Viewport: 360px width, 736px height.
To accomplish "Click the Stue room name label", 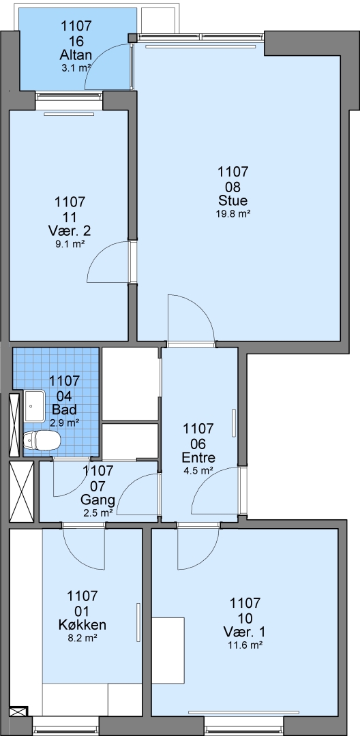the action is [x=232, y=201].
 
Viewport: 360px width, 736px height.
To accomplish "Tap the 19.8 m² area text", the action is [x=232, y=213].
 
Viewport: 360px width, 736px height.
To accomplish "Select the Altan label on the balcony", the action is [x=76, y=56].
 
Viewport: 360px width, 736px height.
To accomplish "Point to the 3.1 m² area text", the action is [x=76, y=68].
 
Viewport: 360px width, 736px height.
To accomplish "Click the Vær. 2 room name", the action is [x=70, y=231].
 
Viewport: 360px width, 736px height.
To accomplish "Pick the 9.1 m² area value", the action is [x=70, y=243].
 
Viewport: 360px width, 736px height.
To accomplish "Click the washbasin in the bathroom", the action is [x=34, y=405].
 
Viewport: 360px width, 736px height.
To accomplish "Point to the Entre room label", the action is [x=199, y=458].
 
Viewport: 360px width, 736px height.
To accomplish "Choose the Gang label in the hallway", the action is [x=97, y=499].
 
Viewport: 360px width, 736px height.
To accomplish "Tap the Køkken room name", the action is [x=82, y=625].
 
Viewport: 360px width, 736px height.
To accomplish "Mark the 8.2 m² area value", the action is [x=82, y=638].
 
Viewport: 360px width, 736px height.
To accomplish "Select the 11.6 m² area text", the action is [x=245, y=645].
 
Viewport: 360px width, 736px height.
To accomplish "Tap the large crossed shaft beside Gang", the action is [x=22, y=491].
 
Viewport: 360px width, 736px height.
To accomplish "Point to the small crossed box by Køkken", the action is [x=19, y=711].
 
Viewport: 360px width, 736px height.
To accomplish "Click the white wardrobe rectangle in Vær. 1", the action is [x=168, y=651].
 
